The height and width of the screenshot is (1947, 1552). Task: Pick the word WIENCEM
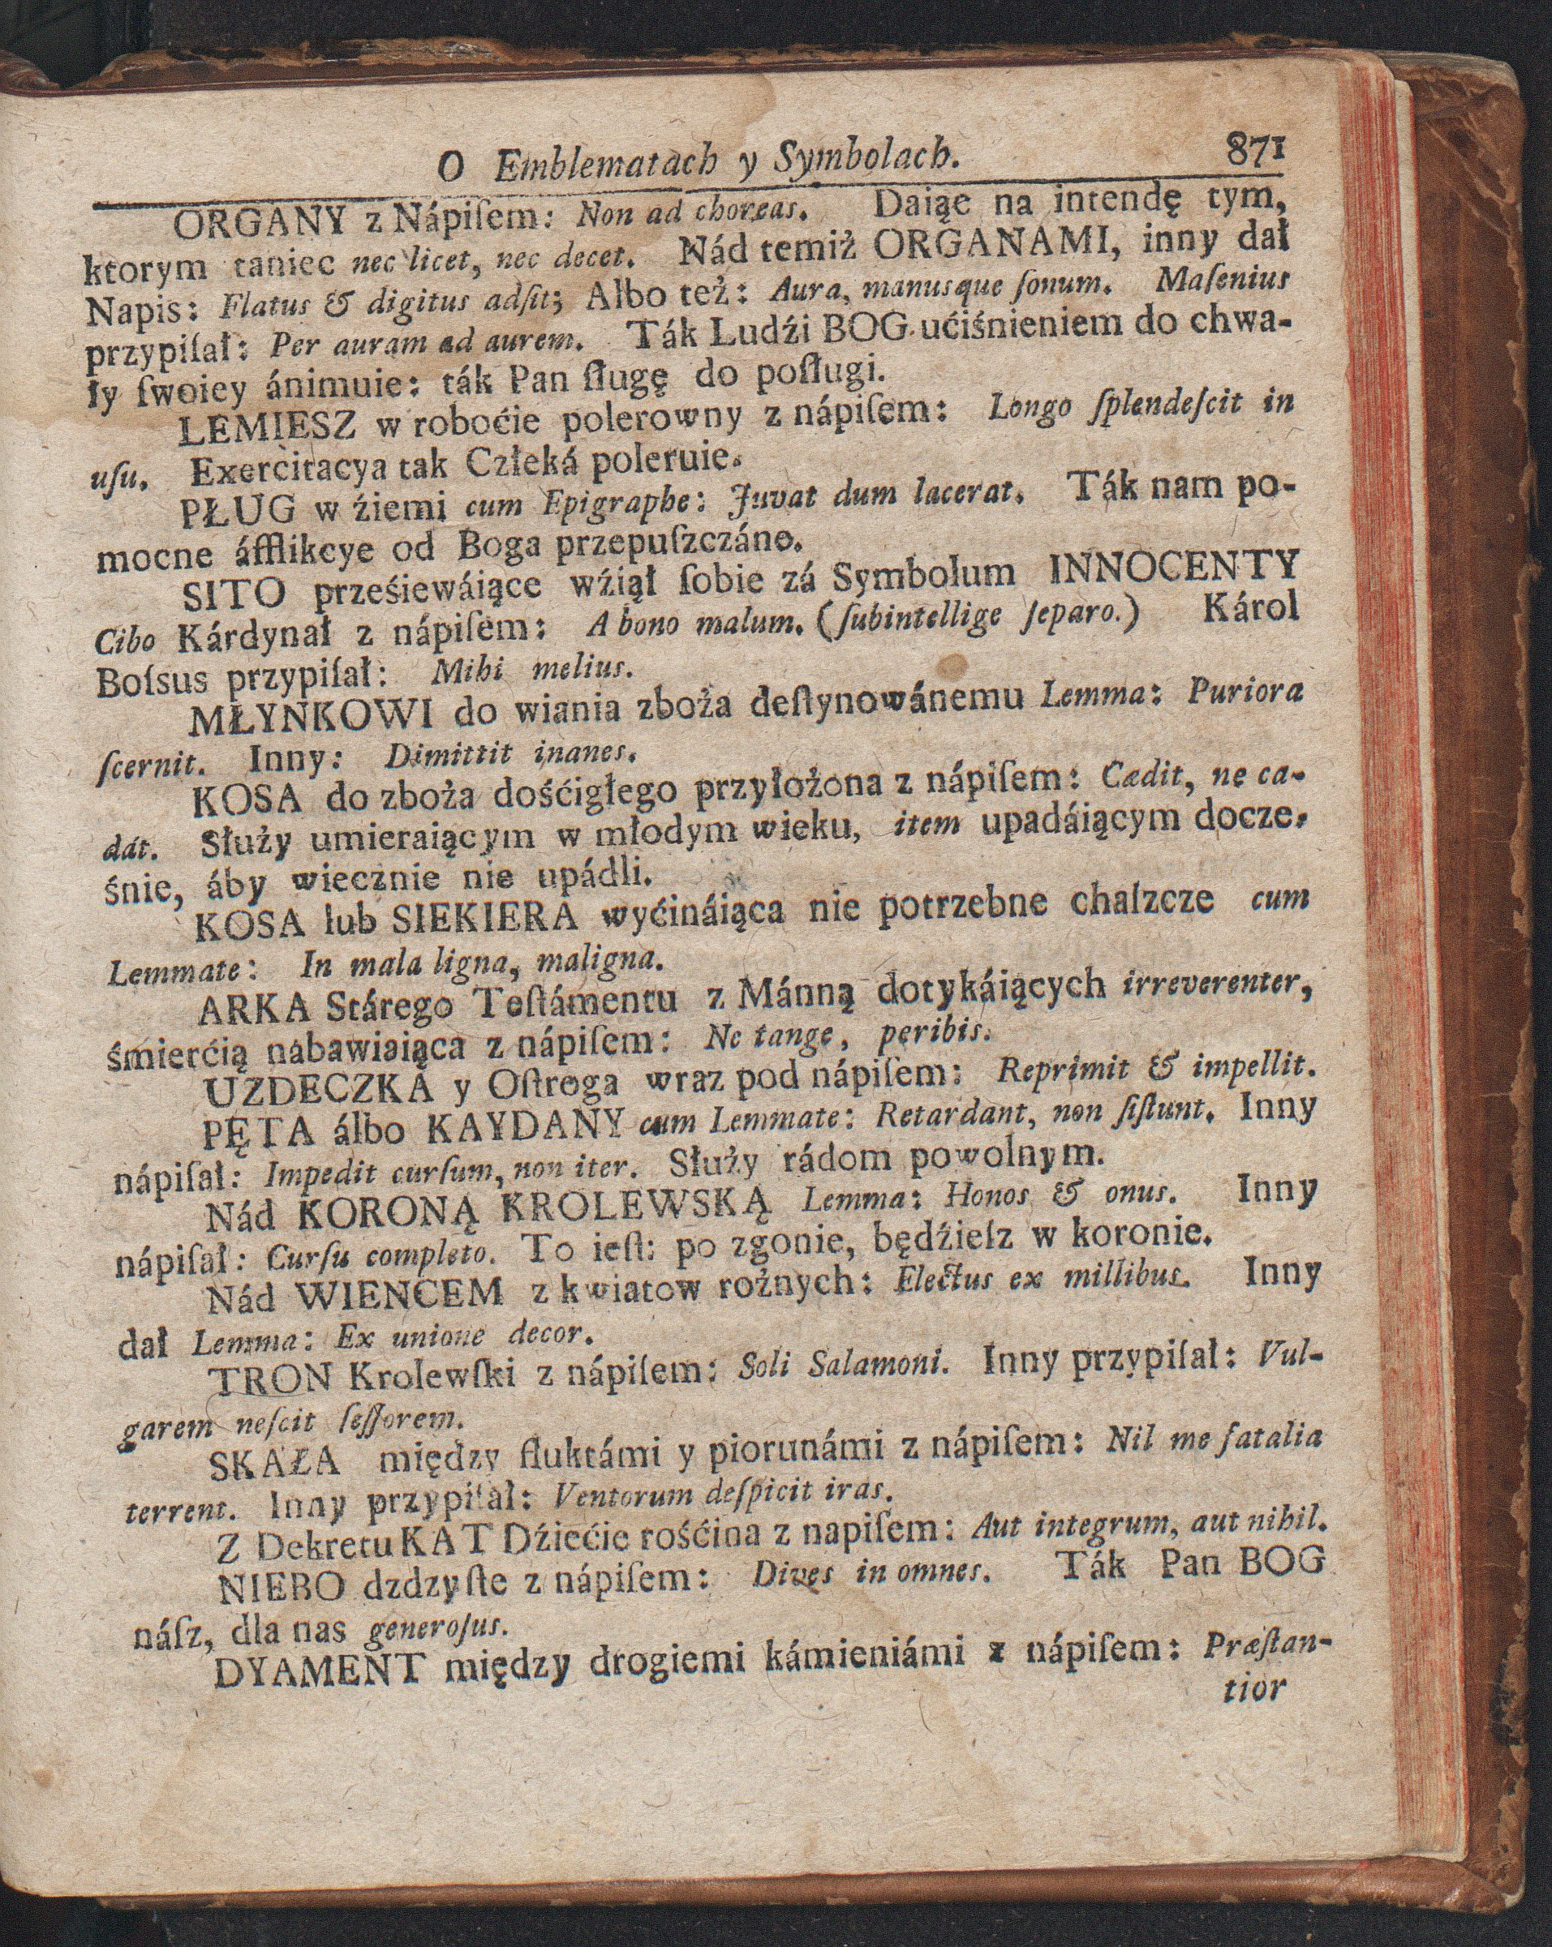tap(398, 1295)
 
